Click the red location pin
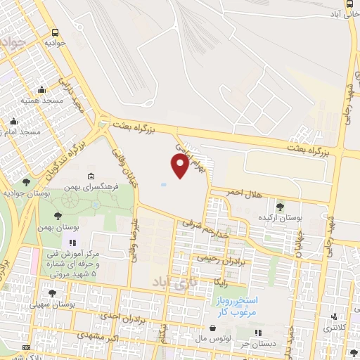point(180,165)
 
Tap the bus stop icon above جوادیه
point(56,32)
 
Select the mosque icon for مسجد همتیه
point(41,89)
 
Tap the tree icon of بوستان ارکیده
point(280,207)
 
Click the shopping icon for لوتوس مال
point(212,328)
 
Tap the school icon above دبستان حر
point(257,332)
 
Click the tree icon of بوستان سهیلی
point(52,292)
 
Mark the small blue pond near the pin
point(164,185)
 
